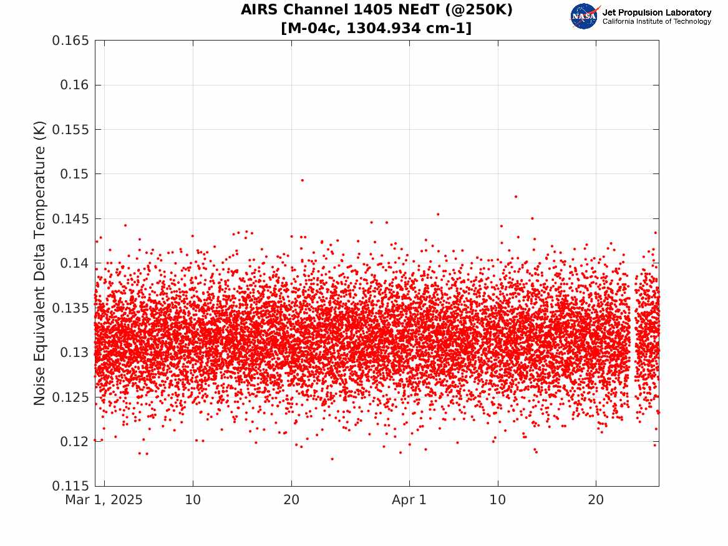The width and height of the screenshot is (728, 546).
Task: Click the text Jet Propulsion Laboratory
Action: (656, 12)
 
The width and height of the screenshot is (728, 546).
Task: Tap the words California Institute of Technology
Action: (656, 21)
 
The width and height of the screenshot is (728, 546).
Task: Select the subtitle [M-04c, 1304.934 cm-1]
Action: (377, 28)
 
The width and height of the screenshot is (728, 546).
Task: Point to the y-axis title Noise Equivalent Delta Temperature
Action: (39, 263)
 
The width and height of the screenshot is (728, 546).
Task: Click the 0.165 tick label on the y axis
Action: (70, 41)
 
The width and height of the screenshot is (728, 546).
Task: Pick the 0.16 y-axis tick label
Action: (74, 85)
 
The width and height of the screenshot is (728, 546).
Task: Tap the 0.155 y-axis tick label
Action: (70, 130)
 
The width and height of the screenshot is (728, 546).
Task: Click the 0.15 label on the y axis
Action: (74, 174)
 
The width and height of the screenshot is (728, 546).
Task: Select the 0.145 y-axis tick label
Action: (70, 218)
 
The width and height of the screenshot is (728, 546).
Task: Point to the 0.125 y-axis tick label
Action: (70, 397)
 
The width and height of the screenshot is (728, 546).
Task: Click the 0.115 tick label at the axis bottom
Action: (70, 486)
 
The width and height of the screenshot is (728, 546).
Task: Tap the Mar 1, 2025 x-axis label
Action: (104, 500)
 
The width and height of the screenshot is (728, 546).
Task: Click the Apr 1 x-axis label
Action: (409, 500)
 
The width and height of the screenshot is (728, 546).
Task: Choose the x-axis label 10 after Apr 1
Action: (498, 500)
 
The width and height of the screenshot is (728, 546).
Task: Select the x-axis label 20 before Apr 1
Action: (291, 500)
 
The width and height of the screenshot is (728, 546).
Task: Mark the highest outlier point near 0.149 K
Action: (303, 180)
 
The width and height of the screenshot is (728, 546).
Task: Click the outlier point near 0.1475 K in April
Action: (516, 197)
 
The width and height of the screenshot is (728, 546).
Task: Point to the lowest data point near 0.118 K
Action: (332, 459)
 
